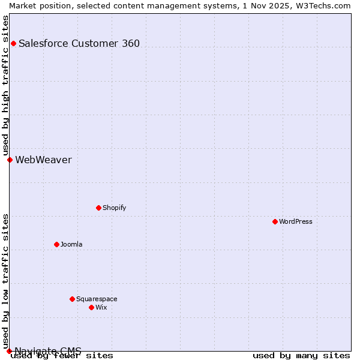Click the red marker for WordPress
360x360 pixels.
[275, 221]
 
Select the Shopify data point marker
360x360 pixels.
[98, 208]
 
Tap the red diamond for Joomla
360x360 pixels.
[56, 244]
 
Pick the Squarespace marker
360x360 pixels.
[72, 299]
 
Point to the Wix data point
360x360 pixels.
[91, 307]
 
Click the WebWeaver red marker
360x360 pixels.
[10, 160]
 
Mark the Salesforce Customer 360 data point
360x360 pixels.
[13, 43]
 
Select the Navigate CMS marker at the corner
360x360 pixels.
[9, 351]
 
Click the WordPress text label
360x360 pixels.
[296, 221]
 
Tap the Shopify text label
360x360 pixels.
[114, 208]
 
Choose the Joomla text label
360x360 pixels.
[71, 244]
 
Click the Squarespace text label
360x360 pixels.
[97, 299]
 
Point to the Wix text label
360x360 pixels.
[101, 307]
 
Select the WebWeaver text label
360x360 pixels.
[43, 160]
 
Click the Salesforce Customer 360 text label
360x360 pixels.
[79, 43]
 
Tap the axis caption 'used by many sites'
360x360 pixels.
[301, 355]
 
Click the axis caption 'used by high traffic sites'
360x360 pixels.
[5, 85]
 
